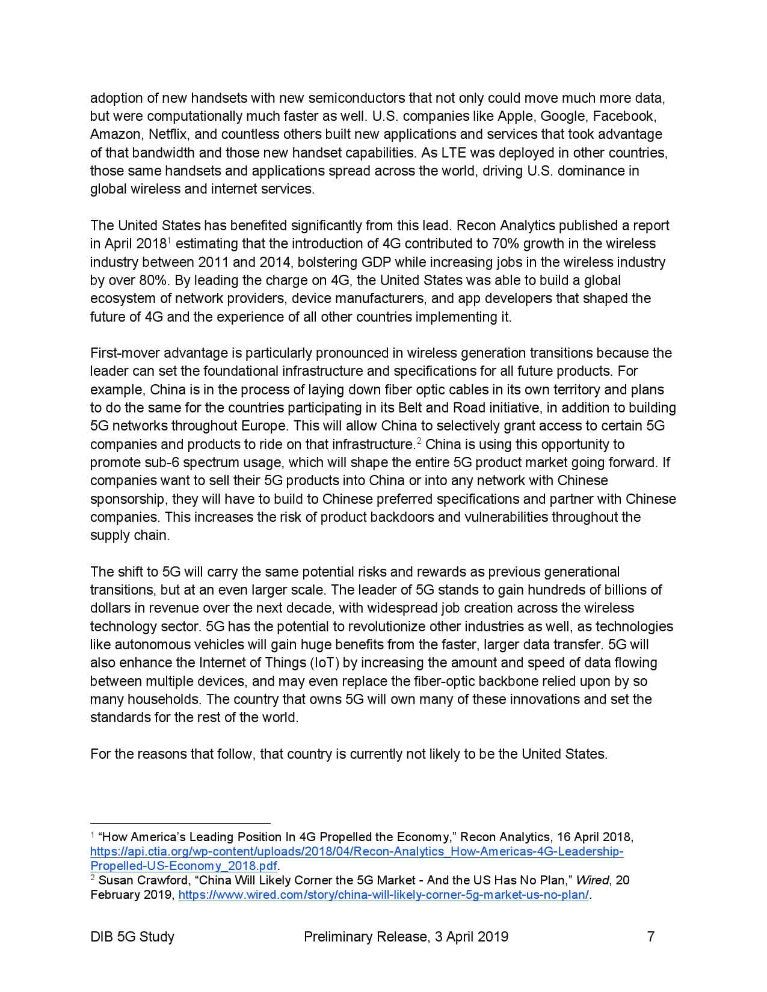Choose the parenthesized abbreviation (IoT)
(x=325, y=663)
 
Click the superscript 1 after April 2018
(x=169, y=240)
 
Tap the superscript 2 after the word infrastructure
(x=419, y=441)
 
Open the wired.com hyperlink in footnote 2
(x=383, y=895)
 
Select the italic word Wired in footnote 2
(x=592, y=880)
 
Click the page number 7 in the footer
(x=650, y=937)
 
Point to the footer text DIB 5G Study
(x=132, y=937)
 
